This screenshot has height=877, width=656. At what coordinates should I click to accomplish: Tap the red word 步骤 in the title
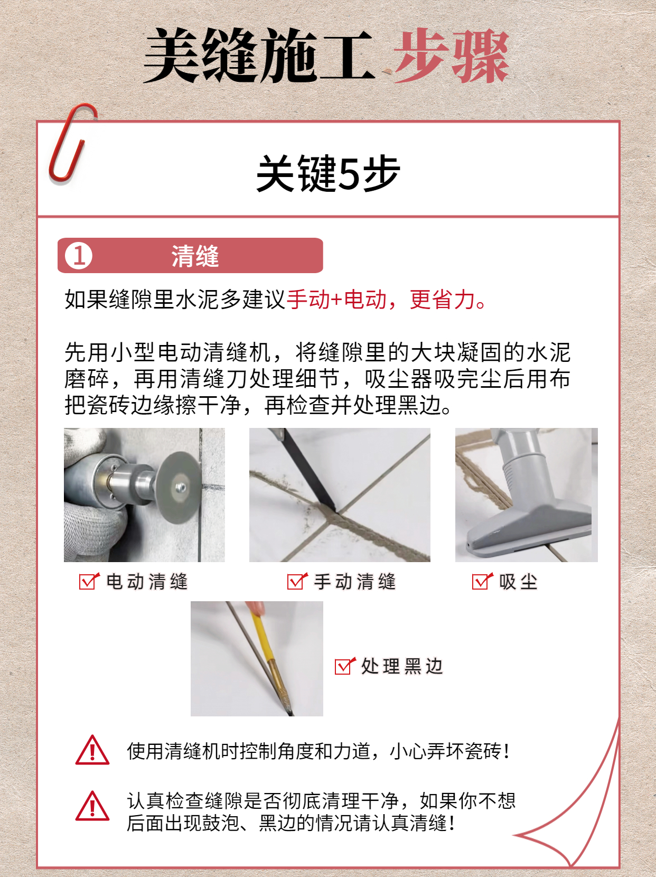click(x=451, y=57)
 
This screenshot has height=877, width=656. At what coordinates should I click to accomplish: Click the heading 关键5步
click(x=327, y=173)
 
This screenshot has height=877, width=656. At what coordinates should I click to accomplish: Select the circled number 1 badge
click(x=79, y=256)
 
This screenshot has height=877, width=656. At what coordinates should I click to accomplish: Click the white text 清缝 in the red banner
click(x=194, y=256)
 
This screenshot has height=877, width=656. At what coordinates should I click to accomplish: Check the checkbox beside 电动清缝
click(x=88, y=581)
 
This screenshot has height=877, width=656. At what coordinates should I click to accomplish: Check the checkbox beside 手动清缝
click(x=296, y=581)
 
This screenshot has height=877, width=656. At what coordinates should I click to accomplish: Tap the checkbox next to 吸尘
click(x=481, y=581)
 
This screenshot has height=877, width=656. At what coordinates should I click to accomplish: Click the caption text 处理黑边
click(x=401, y=666)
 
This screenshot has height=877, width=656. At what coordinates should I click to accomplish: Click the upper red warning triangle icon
click(x=92, y=751)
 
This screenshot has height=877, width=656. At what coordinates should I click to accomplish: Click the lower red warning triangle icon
click(x=92, y=807)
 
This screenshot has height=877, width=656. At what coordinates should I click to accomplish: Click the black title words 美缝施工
click(x=259, y=57)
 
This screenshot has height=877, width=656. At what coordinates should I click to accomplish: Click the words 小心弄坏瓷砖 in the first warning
click(x=446, y=751)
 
